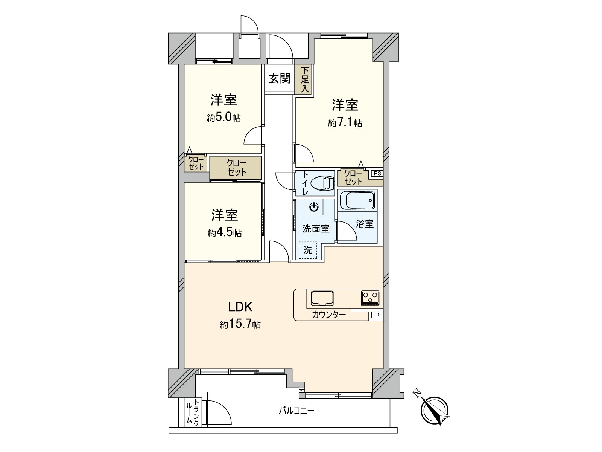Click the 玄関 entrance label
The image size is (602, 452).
tap(280, 79)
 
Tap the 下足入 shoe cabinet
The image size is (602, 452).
tap(305, 80)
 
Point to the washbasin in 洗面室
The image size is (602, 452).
tap(315, 207)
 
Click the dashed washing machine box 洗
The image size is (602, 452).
tap(308, 250)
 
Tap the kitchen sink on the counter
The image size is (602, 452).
tap(322, 298)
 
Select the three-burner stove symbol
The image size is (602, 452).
tap(371, 298)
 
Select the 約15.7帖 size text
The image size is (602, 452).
tap(240, 324)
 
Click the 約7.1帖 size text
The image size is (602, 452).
tap(345, 123)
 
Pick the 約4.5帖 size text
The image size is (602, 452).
tap(224, 233)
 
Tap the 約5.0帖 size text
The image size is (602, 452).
tap(223, 118)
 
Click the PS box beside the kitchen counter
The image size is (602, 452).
tap(377, 315)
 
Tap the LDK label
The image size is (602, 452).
tap(240, 307)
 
